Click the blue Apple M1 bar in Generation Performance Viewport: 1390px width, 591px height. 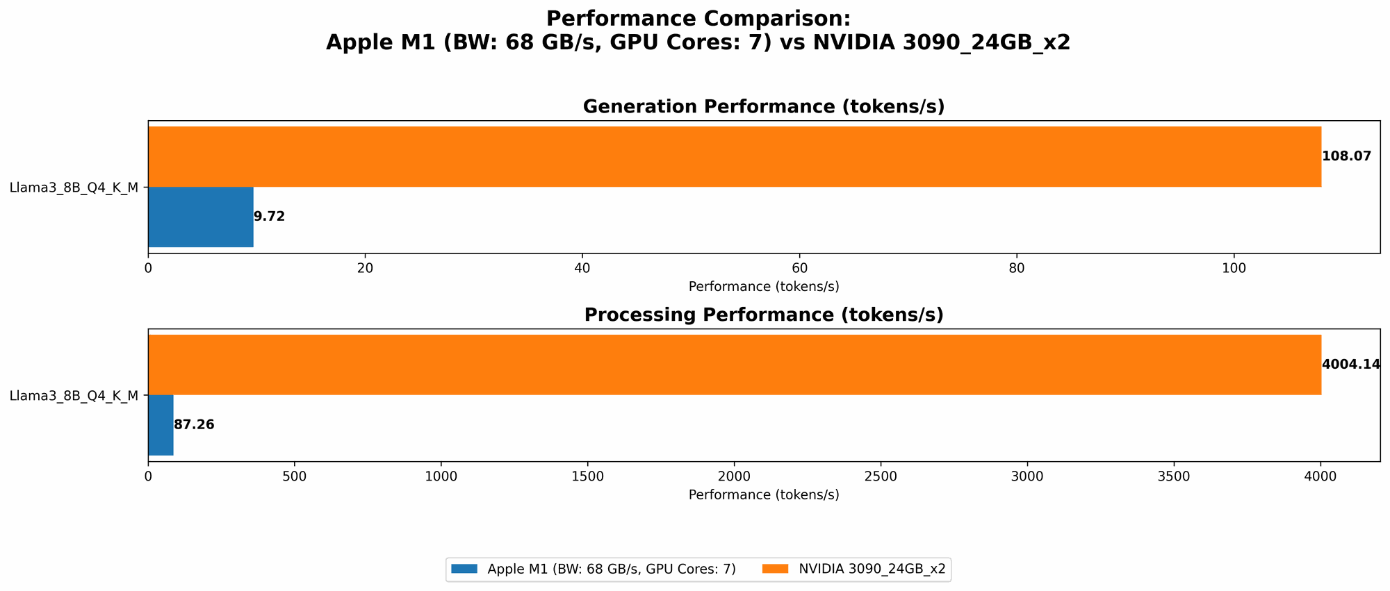(x=200, y=217)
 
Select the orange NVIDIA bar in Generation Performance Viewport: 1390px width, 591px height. (x=734, y=156)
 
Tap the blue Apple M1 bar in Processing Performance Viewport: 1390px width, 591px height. (x=161, y=425)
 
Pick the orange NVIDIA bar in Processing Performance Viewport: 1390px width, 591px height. (x=734, y=365)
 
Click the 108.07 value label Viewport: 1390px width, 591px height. (x=1346, y=156)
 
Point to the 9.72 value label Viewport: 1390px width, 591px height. (x=269, y=217)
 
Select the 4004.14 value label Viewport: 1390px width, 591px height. (x=1350, y=365)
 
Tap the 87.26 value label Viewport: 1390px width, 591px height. (x=194, y=425)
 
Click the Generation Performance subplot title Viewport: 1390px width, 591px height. (x=763, y=107)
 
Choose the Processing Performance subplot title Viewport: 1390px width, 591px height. (x=763, y=315)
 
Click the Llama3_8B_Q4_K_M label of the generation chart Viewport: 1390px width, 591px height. (x=74, y=187)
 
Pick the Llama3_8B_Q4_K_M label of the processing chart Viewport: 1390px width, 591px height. (x=74, y=396)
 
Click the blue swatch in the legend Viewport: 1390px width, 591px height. (x=464, y=569)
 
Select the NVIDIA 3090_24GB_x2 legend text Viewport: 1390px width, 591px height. (x=872, y=569)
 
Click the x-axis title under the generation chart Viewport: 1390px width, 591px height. (x=763, y=286)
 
